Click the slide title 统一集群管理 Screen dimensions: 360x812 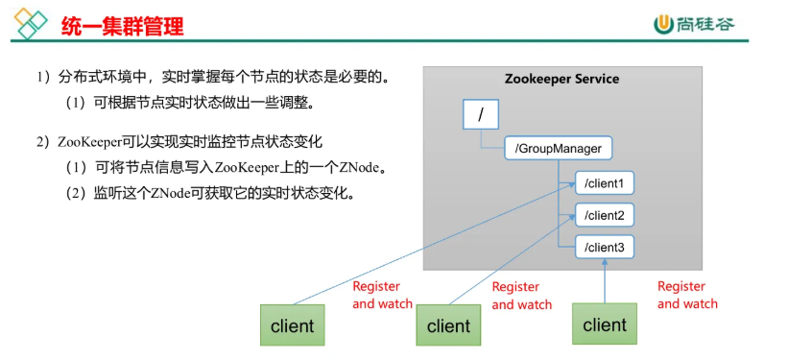122,26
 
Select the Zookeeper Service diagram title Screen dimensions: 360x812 561,79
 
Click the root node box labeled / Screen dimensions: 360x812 480,115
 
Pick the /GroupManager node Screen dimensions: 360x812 559,149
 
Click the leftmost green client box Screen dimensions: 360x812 292,325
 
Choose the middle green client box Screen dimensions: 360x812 448,325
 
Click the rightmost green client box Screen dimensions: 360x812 605,324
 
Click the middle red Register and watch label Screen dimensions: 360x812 521,296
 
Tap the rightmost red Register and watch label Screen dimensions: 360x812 687,295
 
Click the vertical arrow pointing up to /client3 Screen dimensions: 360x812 605,282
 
